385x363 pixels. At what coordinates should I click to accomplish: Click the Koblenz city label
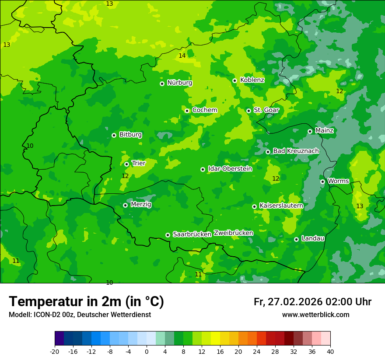click(x=252, y=80)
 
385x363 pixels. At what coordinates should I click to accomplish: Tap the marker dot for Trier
click(x=126, y=164)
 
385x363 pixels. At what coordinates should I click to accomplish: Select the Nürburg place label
click(x=179, y=83)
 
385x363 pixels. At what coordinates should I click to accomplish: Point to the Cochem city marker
click(x=187, y=111)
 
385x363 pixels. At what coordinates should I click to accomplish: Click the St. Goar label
click(x=266, y=110)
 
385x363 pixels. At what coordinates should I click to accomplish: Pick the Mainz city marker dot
click(x=310, y=131)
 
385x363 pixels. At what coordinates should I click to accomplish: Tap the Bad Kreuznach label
click(x=296, y=151)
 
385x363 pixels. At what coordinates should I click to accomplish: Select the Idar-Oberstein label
click(x=230, y=168)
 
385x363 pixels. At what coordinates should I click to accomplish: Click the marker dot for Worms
click(x=322, y=181)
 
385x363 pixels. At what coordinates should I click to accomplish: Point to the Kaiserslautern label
click(x=281, y=206)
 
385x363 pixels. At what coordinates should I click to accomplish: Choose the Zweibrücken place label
click(x=233, y=233)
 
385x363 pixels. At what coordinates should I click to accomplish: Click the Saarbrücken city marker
click(x=168, y=235)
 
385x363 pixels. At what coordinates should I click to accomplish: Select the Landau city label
click(x=313, y=238)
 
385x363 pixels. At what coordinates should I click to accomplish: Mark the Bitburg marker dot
click(x=114, y=135)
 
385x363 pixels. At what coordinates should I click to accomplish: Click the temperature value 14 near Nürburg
click(x=182, y=56)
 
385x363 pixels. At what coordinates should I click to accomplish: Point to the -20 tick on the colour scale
click(x=55, y=351)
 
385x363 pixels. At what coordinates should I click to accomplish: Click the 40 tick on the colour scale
click(x=330, y=351)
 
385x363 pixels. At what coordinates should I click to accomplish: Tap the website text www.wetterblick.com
click(x=315, y=315)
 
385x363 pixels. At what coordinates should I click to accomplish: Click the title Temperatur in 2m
click(x=86, y=301)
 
